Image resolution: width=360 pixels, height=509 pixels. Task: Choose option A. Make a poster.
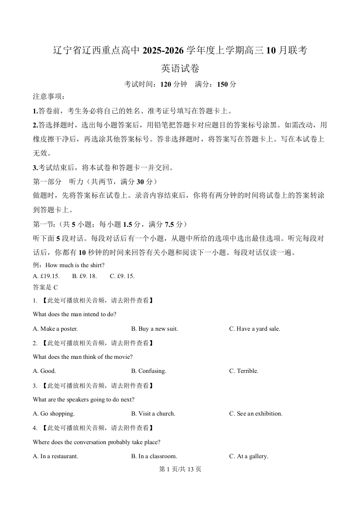click(55, 328)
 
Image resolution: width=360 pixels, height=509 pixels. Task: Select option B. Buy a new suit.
click(154, 328)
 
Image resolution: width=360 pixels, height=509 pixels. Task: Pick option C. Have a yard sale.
click(254, 328)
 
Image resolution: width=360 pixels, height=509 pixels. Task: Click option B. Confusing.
click(148, 371)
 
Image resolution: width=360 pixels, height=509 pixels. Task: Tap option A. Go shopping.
click(54, 414)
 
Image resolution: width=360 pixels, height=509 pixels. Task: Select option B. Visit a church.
click(153, 414)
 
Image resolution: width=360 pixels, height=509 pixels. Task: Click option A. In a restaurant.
click(55, 456)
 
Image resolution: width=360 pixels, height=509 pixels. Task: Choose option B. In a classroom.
click(154, 456)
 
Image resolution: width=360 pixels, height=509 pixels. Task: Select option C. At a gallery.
click(248, 456)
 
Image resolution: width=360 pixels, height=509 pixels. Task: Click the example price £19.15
click(46, 276)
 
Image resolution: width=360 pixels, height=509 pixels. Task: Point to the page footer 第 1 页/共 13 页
click(180, 469)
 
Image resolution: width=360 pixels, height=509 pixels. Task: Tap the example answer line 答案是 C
click(45, 287)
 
